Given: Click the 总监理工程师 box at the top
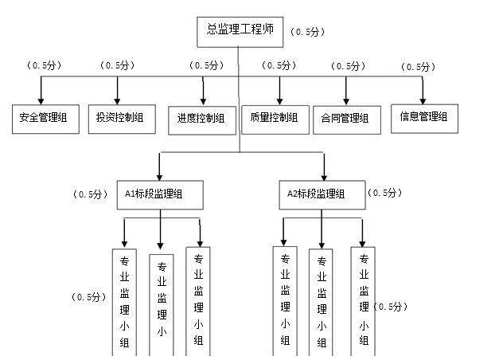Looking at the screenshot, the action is (x=240, y=32).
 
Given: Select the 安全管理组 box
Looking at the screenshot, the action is (x=45, y=119).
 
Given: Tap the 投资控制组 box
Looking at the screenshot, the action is (x=122, y=119).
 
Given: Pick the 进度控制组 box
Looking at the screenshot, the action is (x=202, y=120).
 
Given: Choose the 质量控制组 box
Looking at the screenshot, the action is (x=275, y=119).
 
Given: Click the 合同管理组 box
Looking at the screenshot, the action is (x=347, y=119).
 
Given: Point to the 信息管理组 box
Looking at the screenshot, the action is (x=425, y=119).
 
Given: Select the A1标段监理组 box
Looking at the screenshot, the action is (x=160, y=195).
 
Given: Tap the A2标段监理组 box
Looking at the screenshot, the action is (x=322, y=195).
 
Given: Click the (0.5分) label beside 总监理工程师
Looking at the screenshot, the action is (x=307, y=32).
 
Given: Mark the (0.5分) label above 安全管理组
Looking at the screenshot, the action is (x=44, y=65).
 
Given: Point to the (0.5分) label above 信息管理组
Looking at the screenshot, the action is (x=418, y=67).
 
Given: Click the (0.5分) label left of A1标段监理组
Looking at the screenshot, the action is (x=90, y=194).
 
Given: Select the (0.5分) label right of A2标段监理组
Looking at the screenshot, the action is (x=384, y=193).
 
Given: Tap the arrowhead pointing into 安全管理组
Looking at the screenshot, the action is (x=41, y=101).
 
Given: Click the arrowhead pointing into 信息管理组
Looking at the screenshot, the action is (x=423, y=101).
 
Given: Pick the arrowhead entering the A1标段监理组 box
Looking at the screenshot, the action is (x=159, y=177).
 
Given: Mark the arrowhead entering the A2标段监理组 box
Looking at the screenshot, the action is (x=324, y=177).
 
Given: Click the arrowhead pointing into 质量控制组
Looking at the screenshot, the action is (x=279, y=101).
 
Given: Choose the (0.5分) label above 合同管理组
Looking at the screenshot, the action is (x=349, y=66).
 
